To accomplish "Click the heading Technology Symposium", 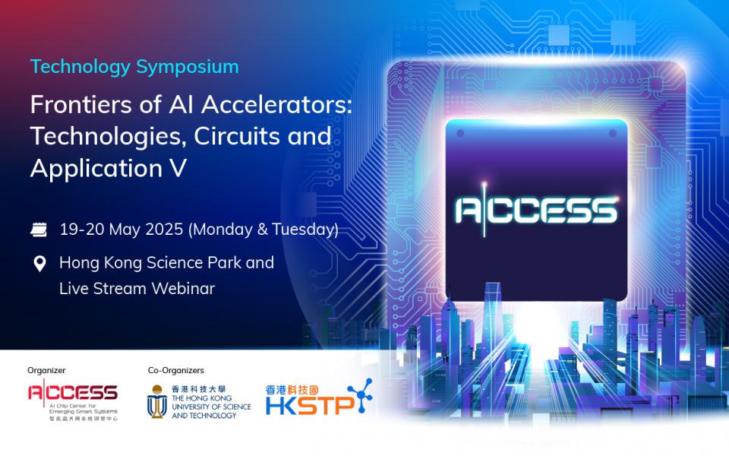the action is tap(134, 67).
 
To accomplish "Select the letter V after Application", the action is tap(178, 168).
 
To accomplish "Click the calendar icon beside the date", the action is tap(39, 230).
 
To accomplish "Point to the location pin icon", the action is tap(40, 264).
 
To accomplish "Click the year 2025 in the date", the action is tap(164, 230).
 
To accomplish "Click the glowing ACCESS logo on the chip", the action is tap(537, 210).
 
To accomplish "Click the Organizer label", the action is tap(46, 370).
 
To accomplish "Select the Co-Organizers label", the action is tap(176, 370).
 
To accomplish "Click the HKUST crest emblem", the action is tap(157, 401).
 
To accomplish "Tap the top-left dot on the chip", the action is tap(460, 134).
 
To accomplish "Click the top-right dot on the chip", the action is tap(613, 134).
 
